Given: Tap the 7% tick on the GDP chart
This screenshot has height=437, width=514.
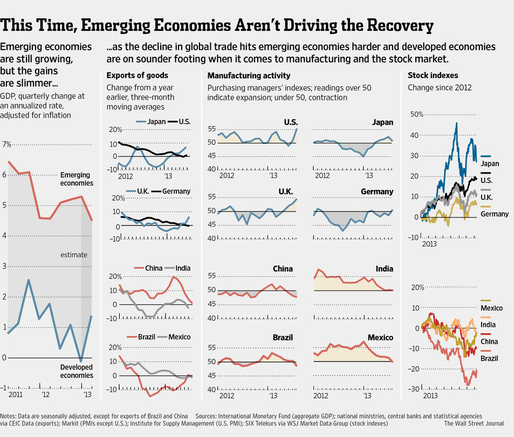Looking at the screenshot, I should point(6,144).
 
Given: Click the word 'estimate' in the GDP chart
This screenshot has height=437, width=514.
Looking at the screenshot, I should point(74,255).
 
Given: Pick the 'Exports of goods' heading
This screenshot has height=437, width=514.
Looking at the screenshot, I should point(137,76).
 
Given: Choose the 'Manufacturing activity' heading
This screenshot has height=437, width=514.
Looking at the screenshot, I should point(249,76).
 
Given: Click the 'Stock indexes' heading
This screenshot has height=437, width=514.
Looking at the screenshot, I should point(433,76).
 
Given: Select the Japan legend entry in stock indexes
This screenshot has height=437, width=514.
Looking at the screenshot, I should point(490,163).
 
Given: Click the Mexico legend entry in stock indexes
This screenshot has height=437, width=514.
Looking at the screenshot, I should point(492,308).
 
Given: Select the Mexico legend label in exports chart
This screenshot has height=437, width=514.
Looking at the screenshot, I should point(179,337).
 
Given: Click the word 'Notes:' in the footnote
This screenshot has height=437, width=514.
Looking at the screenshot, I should point(9,416).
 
